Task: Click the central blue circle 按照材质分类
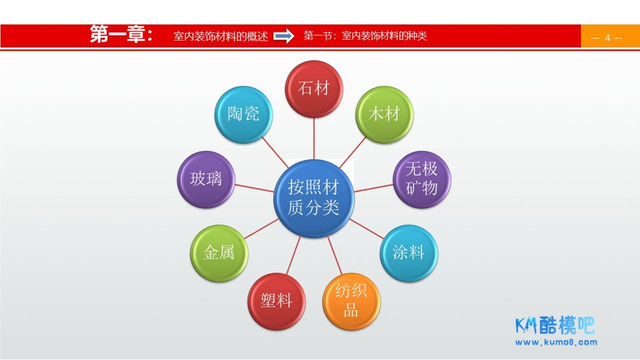tap(313, 198)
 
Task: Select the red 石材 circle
tap(313, 89)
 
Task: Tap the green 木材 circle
tap(384, 114)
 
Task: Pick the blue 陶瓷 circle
tap(243, 114)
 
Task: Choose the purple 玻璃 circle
tap(206, 179)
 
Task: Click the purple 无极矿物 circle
tap(422, 179)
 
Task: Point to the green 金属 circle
tap(219, 253)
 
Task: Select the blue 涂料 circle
tap(409, 253)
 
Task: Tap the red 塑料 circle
tap(276, 301)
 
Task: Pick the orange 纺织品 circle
tap(351, 301)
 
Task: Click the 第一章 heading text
tap(121, 35)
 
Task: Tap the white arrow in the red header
tap(284, 36)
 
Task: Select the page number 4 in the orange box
tap(608, 38)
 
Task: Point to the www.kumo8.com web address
tap(556, 343)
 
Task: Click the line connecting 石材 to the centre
tap(313, 139)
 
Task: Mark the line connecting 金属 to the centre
tap(261, 228)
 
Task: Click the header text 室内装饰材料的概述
tap(221, 36)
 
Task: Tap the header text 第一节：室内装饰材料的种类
tap(365, 36)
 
